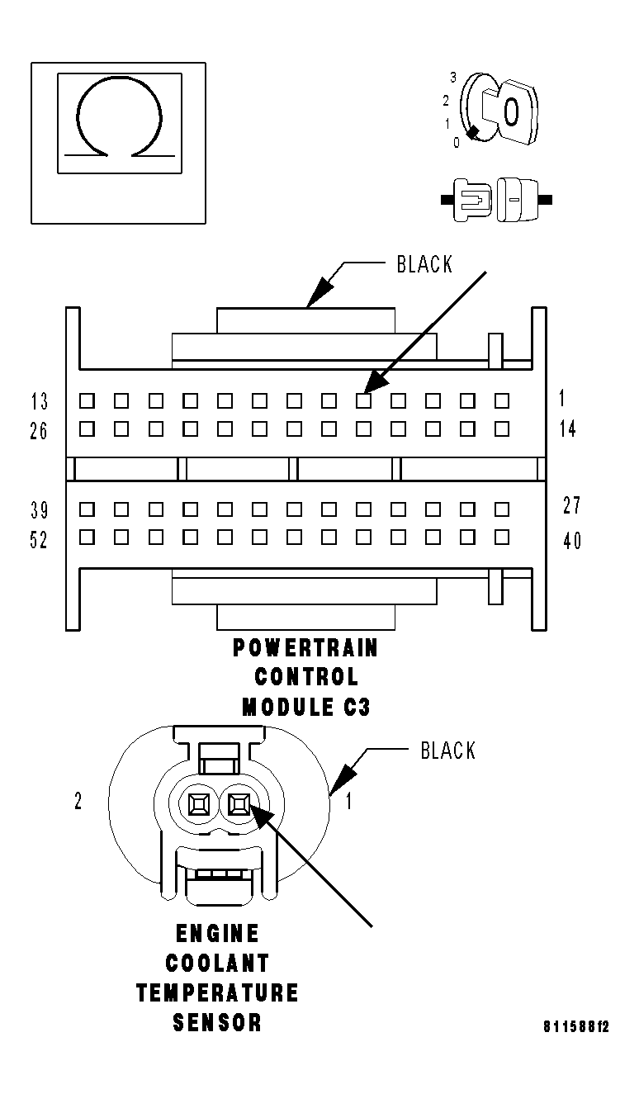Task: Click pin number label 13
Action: (x=39, y=402)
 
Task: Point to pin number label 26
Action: (x=39, y=431)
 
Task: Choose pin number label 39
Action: (x=39, y=509)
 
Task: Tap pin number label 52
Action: (x=39, y=540)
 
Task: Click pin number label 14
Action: (x=568, y=429)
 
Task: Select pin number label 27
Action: (x=571, y=505)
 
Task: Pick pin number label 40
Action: (x=571, y=541)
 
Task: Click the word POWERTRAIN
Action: (x=305, y=648)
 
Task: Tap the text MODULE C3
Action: (x=301, y=706)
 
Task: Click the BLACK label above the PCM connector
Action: (x=424, y=264)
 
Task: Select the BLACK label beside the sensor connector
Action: (x=447, y=751)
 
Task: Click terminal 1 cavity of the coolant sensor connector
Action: (x=240, y=802)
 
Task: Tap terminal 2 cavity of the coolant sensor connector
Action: (x=199, y=802)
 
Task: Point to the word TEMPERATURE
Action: (x=217, y=992)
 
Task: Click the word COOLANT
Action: (x=217, y=964)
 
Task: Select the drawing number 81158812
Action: (x=575, y=1028)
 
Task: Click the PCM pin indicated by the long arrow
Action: (x=363, y=401)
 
